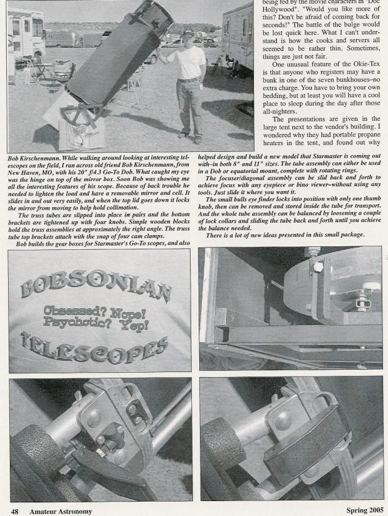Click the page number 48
[14, 510]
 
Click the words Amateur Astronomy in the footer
[60, 510]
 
